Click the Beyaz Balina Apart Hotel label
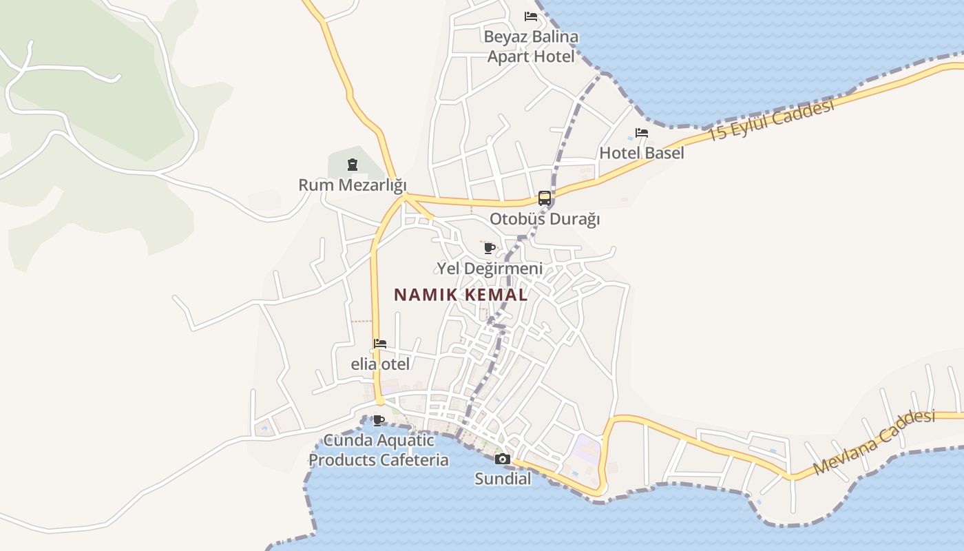[531, 46]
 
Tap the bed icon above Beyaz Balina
[531, 17]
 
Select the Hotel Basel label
[642, 153]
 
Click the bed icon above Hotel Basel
[642, 133]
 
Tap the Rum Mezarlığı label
[353, 185]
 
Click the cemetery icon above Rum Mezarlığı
[353, 165]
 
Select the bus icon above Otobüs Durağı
[545, 198]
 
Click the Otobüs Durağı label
[545, 219]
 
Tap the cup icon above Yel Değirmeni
[490, 248]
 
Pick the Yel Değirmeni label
[490, 269]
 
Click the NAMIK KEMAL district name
[461, 295]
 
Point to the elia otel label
[380, 364]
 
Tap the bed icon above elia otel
[380, 344]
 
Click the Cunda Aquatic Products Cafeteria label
[378, 450]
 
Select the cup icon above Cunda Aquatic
[378, 420]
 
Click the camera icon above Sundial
[503, 459]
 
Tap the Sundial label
[503, 479]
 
